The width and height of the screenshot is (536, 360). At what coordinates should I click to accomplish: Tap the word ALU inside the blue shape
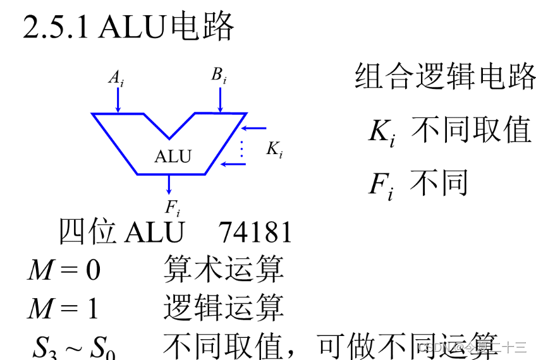tap(173, 156)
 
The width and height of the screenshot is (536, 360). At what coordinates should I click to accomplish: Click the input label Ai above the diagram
tap(116, 78)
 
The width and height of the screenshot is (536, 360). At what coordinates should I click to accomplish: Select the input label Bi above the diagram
tap(219, 76)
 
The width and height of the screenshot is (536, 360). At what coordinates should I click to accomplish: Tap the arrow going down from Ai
tap(118, 100)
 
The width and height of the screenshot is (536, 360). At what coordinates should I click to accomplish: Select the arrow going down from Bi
tap(220, 100)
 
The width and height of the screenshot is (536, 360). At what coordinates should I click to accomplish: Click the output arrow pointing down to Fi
tap(169, 184)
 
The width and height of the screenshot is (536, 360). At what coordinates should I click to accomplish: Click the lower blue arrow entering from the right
tap(234, 164)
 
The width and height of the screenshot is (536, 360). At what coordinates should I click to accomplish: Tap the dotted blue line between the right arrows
tap(241, 147)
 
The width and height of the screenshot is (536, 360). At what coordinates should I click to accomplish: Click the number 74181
tap(255, 232)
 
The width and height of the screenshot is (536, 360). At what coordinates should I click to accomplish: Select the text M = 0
tap(64, 270)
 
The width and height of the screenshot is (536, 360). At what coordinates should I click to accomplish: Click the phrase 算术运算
tap(223, 269)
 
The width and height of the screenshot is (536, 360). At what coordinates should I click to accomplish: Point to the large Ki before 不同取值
tap(382, 132)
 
